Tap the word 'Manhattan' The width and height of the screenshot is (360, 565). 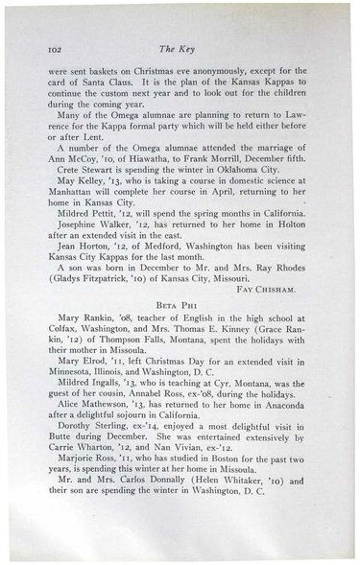click(67, 193)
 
